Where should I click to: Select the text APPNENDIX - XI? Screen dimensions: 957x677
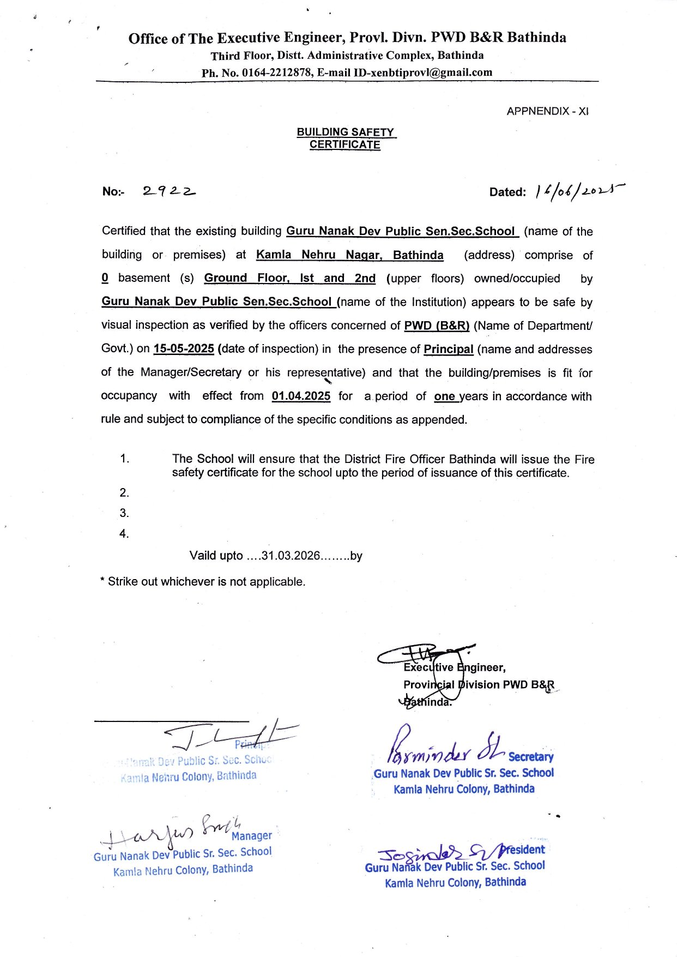(547, 111)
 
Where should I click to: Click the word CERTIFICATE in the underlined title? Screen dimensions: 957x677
(345, 145)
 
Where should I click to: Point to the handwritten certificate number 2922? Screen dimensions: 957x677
(169, 191)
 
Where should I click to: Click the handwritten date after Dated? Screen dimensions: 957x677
(579, 190)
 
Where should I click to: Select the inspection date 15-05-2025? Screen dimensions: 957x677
(184, 348)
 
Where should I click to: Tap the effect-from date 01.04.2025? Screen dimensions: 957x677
(301, 396)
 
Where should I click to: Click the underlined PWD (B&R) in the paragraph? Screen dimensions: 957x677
(437, 326)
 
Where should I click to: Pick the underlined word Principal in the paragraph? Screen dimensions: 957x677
(448, 349)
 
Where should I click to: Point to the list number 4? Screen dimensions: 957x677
(124, 533)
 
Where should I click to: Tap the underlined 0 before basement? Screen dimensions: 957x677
(105, 278)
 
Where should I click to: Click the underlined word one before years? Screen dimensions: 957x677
(444, 396)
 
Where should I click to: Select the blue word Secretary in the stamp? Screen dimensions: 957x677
(530, 756)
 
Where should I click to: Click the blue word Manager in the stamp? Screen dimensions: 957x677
(251, 835)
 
